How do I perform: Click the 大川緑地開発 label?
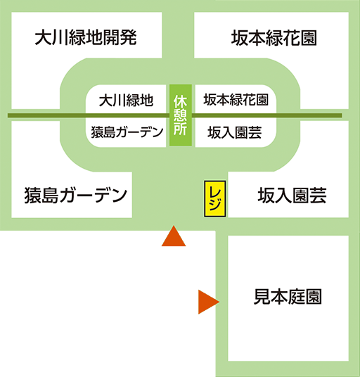pos(86,37)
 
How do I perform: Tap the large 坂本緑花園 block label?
pos(274,38)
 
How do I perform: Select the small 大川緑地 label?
pos(126,100)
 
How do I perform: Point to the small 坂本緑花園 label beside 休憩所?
pos(236,100)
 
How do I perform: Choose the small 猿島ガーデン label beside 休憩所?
pos(127,132)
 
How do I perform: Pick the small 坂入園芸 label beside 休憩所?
pos(235,132)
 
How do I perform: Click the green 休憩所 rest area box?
pos(181,115)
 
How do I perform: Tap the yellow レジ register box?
pos(215,199)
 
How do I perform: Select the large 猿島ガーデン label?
pos(76,196)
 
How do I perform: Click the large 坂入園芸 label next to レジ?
pos(292,196)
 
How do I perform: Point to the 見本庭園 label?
pos(288,296)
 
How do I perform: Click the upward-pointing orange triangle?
pos(174,236)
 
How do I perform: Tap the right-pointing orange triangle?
pos(209,302)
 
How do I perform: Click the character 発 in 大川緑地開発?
pos(129,37)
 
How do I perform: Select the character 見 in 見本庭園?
pos(262,296)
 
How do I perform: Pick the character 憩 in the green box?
pos(181,115)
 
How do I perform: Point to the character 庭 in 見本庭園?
pos(296,296)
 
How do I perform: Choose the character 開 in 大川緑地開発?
pos(111,37)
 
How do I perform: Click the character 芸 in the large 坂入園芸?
pos(318,196)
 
